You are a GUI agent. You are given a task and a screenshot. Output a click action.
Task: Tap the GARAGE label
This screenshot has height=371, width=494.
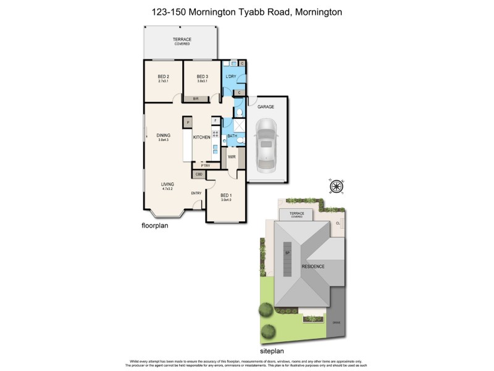click(x=266, y=107)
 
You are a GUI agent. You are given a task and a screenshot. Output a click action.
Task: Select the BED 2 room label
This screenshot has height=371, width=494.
click(x=164, y=77)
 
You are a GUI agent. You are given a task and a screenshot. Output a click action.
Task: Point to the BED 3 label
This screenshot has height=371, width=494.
click(x=202, y=77)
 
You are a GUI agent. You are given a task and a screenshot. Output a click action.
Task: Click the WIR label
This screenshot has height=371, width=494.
click(x=232, y=156)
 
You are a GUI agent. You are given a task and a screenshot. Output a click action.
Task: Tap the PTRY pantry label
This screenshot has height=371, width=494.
click(x=206, y=166)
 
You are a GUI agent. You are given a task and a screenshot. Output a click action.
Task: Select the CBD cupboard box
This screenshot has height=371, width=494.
click(x=199, y=175)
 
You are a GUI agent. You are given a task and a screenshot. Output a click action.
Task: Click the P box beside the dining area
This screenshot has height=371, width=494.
click(x=188, y=122)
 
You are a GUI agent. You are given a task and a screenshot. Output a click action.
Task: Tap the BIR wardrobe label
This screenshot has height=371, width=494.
click(x=195, y=99)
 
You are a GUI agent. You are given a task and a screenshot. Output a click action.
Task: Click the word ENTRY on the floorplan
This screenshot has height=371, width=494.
click(x=196, y=194)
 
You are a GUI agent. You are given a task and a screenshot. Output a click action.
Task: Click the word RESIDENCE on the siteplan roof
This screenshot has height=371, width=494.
click(x=313, y=267)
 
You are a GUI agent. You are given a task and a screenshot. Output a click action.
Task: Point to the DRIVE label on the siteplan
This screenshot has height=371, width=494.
click(x=337, y=322)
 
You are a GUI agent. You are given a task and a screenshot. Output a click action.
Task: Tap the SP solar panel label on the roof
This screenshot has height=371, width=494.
click(x=287, y=252)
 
